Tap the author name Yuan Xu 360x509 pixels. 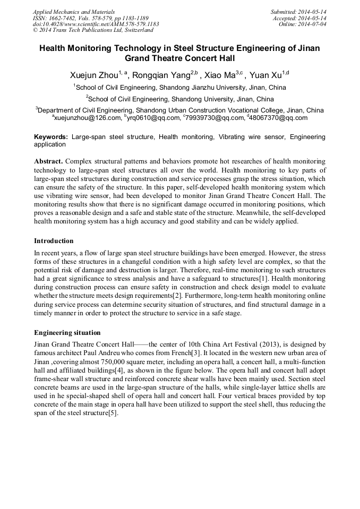coord(265,75)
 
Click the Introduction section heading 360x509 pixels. coord(54,241)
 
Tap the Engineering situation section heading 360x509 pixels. coord(67,333)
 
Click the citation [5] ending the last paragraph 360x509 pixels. coord(112,413)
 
